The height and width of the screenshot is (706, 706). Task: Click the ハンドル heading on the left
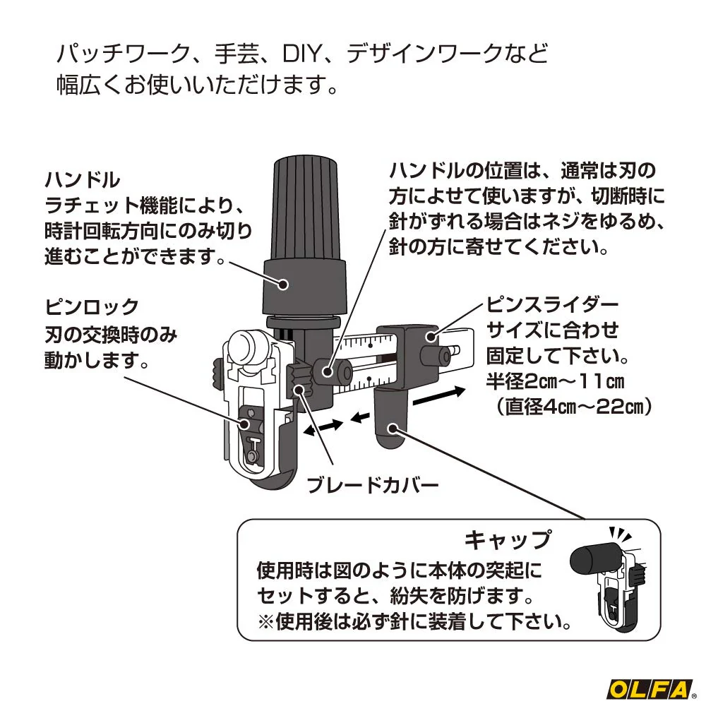tap(83, 180)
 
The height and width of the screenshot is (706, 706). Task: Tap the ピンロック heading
tap(92, 308)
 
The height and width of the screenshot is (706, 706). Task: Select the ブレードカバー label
tap(372, 486)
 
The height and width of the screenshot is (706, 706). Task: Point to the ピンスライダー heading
tap(553, 305)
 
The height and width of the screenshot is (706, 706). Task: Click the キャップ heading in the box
tap(508, 540)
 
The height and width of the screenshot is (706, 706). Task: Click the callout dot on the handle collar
tap(284, 284)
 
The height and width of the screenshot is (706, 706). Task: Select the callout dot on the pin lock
tap(245, 424)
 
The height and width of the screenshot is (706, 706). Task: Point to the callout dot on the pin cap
tap(393, 429)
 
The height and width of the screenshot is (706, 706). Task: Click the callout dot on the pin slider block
tap(431, 336)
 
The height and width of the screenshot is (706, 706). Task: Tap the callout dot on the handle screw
tap(328, 371)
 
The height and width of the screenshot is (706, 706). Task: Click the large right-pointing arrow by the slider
tap(438, 396)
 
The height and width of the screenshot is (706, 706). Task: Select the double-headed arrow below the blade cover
tap(323, 427)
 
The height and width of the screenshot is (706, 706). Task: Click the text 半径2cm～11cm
tap(555, 382)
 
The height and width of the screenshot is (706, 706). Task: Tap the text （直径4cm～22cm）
tap(573, 407)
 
